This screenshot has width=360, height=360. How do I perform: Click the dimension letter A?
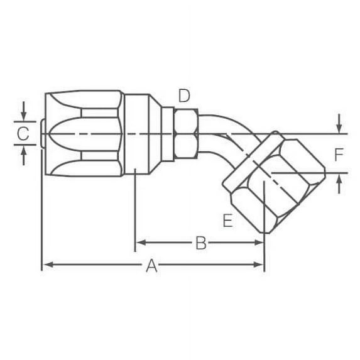coord(151,266)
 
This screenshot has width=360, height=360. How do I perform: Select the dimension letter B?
coord(200,243)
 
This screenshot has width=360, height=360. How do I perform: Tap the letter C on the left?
coord(23,133)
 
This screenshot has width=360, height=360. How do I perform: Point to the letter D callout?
coord(183,95)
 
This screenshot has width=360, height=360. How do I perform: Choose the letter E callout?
coord(227,221)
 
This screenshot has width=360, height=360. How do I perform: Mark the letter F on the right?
coord(339,155)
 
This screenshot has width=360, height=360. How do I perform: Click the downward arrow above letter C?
coord(23,116)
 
